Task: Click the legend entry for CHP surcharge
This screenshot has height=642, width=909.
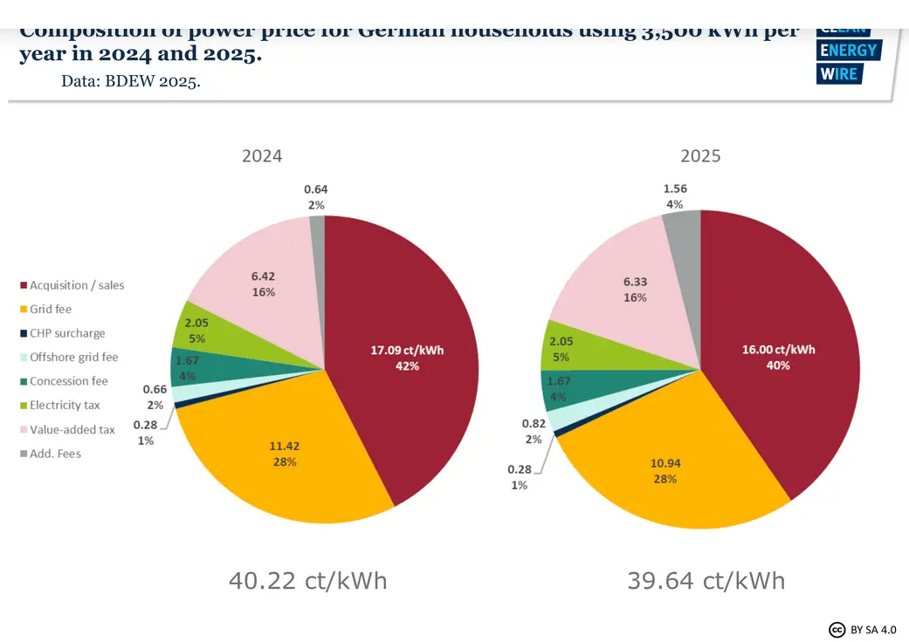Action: click(67, 333)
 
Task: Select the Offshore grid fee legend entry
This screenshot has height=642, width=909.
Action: click(73, 358)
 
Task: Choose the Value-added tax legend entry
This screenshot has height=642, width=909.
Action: click(72, 430)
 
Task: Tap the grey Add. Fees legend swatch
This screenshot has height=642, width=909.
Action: click(23, 454)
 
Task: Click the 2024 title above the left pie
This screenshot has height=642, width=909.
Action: click(262, 156)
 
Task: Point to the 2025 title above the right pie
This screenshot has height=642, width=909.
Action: click(700, 156)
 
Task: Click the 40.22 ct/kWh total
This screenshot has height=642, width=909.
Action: click(307, 580)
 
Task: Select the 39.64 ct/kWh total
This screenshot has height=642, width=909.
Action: click(706, 580)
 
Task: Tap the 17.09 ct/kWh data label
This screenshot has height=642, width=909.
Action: click(406, 351)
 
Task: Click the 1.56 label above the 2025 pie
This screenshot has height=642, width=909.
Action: click(675, 189)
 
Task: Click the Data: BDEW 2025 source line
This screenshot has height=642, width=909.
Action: click(131, 81)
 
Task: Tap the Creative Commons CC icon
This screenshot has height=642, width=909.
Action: click(837, 629)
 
